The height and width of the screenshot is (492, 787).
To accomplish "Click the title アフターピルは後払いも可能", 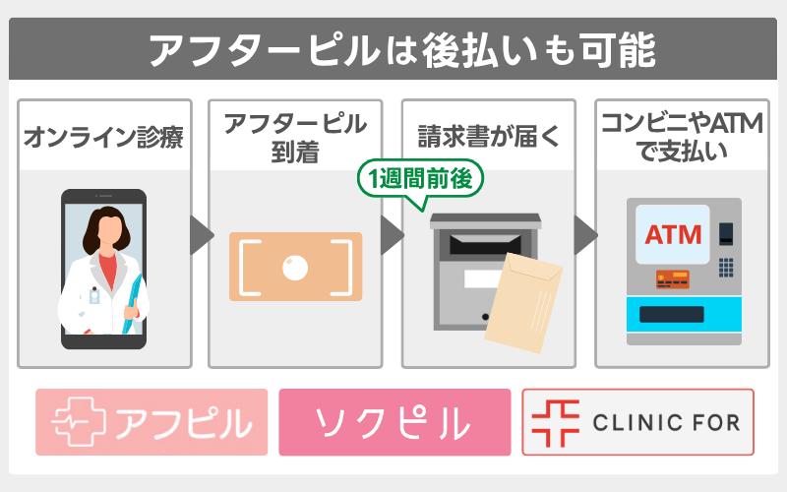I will pyautogui.click(x=393, y=49).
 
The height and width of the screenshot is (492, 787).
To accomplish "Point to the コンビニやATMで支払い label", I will pyautogui.click(x=682, y=137).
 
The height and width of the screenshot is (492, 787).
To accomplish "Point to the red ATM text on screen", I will pyautogui.click(x=673, y=235).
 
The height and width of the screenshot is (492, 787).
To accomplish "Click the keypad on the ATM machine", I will pyautogui.click(x=726, y=269).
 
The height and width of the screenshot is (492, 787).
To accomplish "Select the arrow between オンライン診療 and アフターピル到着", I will pyautogui.click(x=201, y=235).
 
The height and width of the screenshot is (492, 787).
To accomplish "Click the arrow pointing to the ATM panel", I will pyautogui.click(x=585, y=235).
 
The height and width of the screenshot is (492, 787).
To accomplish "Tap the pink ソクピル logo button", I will pyautogui.click(x=394, y=422).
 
